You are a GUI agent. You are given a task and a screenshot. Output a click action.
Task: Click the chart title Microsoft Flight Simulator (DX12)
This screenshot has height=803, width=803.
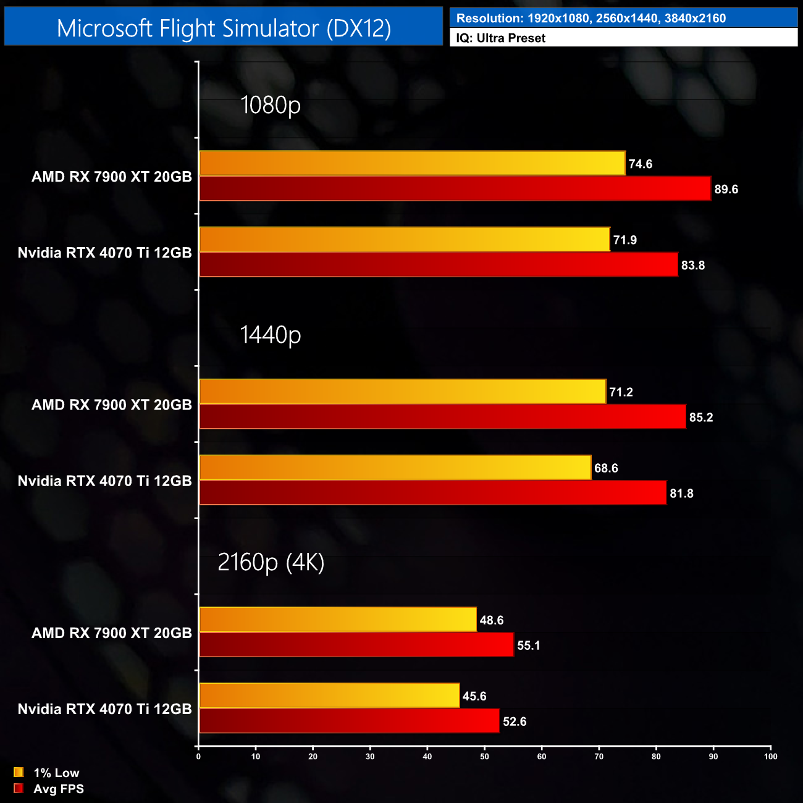224,28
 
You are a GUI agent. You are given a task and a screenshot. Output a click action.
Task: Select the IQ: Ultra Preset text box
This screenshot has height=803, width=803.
500,38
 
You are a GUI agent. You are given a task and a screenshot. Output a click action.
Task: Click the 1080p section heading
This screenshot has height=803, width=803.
271,105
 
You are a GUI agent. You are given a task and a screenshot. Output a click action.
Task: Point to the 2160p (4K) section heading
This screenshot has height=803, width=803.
271,562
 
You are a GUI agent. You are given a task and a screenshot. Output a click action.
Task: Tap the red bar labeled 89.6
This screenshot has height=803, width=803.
455,189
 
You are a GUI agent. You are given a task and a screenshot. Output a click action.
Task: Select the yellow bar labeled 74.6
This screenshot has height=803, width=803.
412,164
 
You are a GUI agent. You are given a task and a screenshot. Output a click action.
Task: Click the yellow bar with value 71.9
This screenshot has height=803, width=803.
404,240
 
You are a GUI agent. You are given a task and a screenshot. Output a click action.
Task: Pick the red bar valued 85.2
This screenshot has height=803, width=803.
442,417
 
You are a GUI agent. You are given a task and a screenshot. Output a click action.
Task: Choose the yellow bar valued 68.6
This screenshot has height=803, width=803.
395,468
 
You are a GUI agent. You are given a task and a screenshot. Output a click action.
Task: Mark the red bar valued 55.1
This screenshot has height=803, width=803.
356,645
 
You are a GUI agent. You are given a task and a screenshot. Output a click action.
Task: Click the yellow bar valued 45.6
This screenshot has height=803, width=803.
329,696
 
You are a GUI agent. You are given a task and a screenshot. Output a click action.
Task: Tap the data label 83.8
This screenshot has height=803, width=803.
693,266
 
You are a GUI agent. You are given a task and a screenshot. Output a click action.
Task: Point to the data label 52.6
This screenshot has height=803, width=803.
515,721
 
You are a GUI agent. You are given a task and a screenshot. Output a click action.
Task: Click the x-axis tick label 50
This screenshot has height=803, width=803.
484,757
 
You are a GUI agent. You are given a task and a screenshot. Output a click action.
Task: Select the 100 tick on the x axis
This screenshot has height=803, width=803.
770,757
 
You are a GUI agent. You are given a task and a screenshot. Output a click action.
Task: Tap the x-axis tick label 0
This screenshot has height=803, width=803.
198,757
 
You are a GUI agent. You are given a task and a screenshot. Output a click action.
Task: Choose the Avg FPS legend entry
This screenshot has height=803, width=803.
49,789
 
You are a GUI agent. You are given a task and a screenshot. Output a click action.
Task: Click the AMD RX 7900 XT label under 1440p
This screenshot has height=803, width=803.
112,405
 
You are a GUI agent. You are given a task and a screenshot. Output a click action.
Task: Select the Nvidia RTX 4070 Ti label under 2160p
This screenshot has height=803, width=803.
105,709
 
